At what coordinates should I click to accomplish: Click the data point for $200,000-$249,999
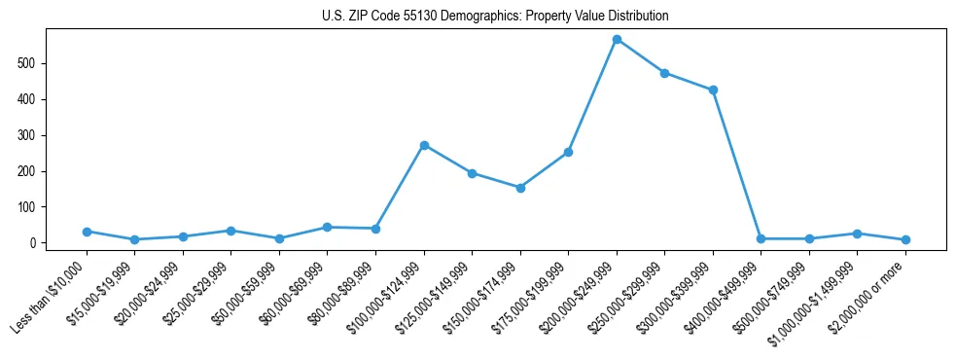[617, 40]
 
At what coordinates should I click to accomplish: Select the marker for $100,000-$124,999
[424, 145]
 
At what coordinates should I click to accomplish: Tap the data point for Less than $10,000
[87, 232]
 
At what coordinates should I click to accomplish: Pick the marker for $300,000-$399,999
[713, 90]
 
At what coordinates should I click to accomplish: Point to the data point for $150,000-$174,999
[520, 188]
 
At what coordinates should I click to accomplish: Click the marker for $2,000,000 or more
[905, 239]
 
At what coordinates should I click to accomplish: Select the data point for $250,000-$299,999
[664, 73]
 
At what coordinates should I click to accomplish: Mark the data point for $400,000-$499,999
[761, 238]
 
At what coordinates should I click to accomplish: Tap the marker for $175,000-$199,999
[568, 152]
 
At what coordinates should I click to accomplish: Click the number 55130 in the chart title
[405, 17]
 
